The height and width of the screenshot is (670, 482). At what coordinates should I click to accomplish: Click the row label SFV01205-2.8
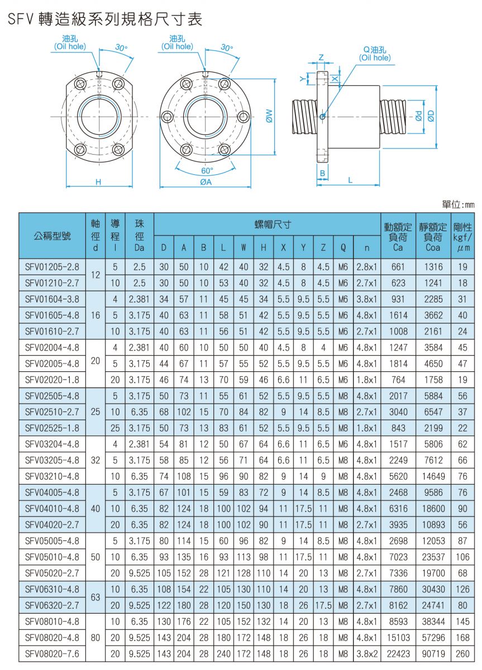53,267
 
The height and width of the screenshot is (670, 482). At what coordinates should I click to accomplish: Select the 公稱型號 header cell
53,235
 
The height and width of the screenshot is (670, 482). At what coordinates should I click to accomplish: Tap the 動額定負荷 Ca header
398,235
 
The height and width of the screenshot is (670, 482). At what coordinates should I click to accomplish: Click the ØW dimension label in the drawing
270,116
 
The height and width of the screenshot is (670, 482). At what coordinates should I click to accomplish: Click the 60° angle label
208,170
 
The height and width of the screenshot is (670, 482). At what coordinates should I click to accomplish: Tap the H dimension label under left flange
98,182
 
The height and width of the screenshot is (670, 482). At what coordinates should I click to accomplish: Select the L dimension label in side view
350,180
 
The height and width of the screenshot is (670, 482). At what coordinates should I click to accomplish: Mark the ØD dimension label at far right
431,116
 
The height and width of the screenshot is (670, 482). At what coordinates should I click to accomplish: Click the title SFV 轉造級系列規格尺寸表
105,20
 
